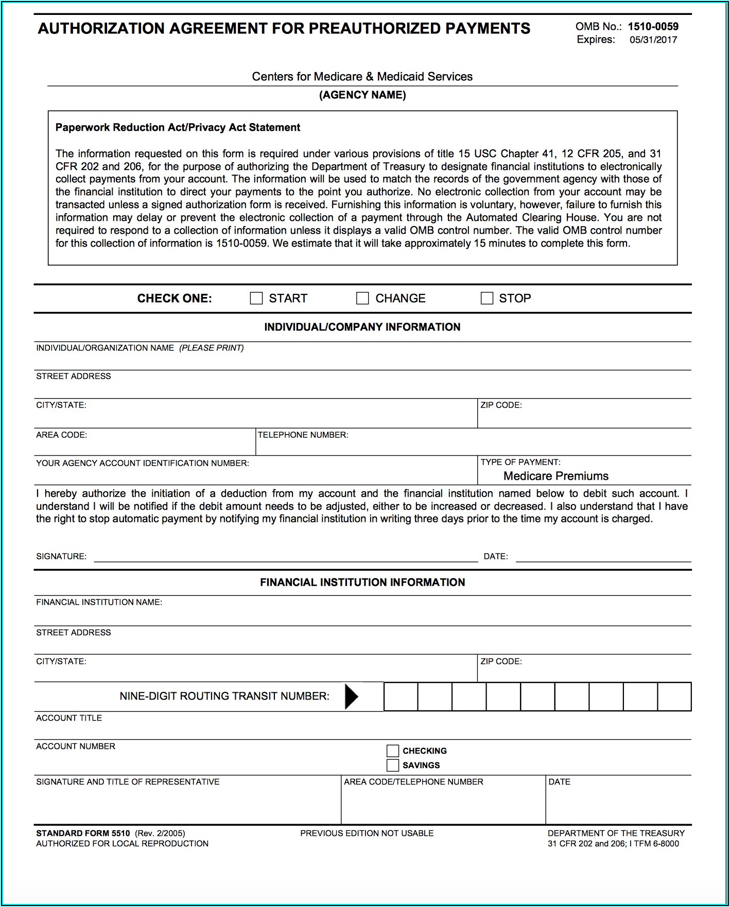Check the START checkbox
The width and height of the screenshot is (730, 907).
(x=256, y=299)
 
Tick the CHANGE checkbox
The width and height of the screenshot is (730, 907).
(x=362, y=299)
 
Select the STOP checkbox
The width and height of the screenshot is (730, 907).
(x=486, y=299)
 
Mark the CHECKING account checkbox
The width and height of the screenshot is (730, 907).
(x=393, y=751)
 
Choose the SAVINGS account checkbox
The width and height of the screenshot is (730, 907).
(x=393, y=765)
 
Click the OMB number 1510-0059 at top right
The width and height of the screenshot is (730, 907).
(x=653, y=27)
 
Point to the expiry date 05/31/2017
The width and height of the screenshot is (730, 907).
(x=653, y=40)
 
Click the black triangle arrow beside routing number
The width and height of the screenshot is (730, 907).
(x=351, y=696)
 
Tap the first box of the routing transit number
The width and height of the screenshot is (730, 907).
(x=401, y=697)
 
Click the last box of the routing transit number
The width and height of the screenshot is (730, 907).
(x=674, y=697)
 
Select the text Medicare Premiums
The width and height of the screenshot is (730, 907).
(x=555, y=476)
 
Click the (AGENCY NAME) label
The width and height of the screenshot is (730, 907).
(x=362, y=95)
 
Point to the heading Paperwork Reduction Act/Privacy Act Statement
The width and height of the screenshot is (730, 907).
(x=178, y=128)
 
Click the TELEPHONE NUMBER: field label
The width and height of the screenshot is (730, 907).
(x=303, y=435)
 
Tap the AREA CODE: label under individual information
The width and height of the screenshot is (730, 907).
(x=61, y=435)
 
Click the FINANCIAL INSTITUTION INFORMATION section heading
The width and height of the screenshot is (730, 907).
(x=362, y=583)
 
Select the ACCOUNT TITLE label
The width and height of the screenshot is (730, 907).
(x=69, y=718)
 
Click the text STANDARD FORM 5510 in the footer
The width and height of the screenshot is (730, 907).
(x=83, y=833)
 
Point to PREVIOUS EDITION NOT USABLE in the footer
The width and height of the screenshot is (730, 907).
(x=367, y=833)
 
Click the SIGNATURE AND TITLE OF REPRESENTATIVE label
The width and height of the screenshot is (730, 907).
(x=128, y=782)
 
